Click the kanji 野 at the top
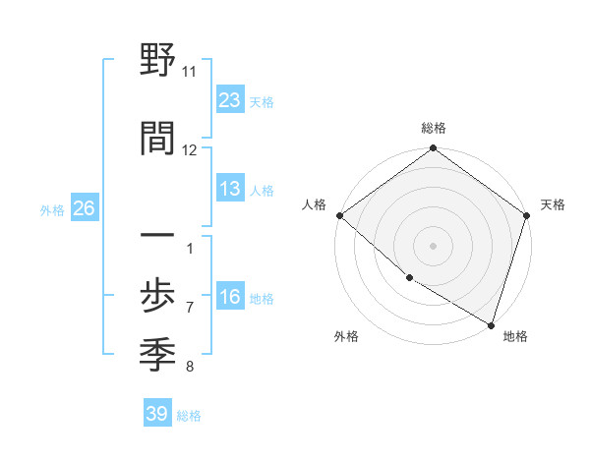click(x=158, y=62)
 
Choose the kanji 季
click(x=158, y=353)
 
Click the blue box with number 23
click(x=229, y=99)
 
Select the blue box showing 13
click(x=229, y=190)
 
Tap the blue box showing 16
click(x=229, y=298)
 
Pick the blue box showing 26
click(x=84, y=208)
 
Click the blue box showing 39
click(x=156, y=414)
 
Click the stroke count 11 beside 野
click(x=190, y=72)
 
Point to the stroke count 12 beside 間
click(x=190, y=149)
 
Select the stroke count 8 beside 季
click(x=190, y=368)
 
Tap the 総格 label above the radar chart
click(x=434, y=128)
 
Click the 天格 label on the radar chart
click(x=553, y=205)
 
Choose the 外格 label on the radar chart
click(x=346, y=337)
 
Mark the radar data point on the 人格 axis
click(x=339, y=215)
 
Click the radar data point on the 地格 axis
click(x=491, y=324)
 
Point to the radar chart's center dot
click(x=434, y=246)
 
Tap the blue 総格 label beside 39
click(x=189, y=416)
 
